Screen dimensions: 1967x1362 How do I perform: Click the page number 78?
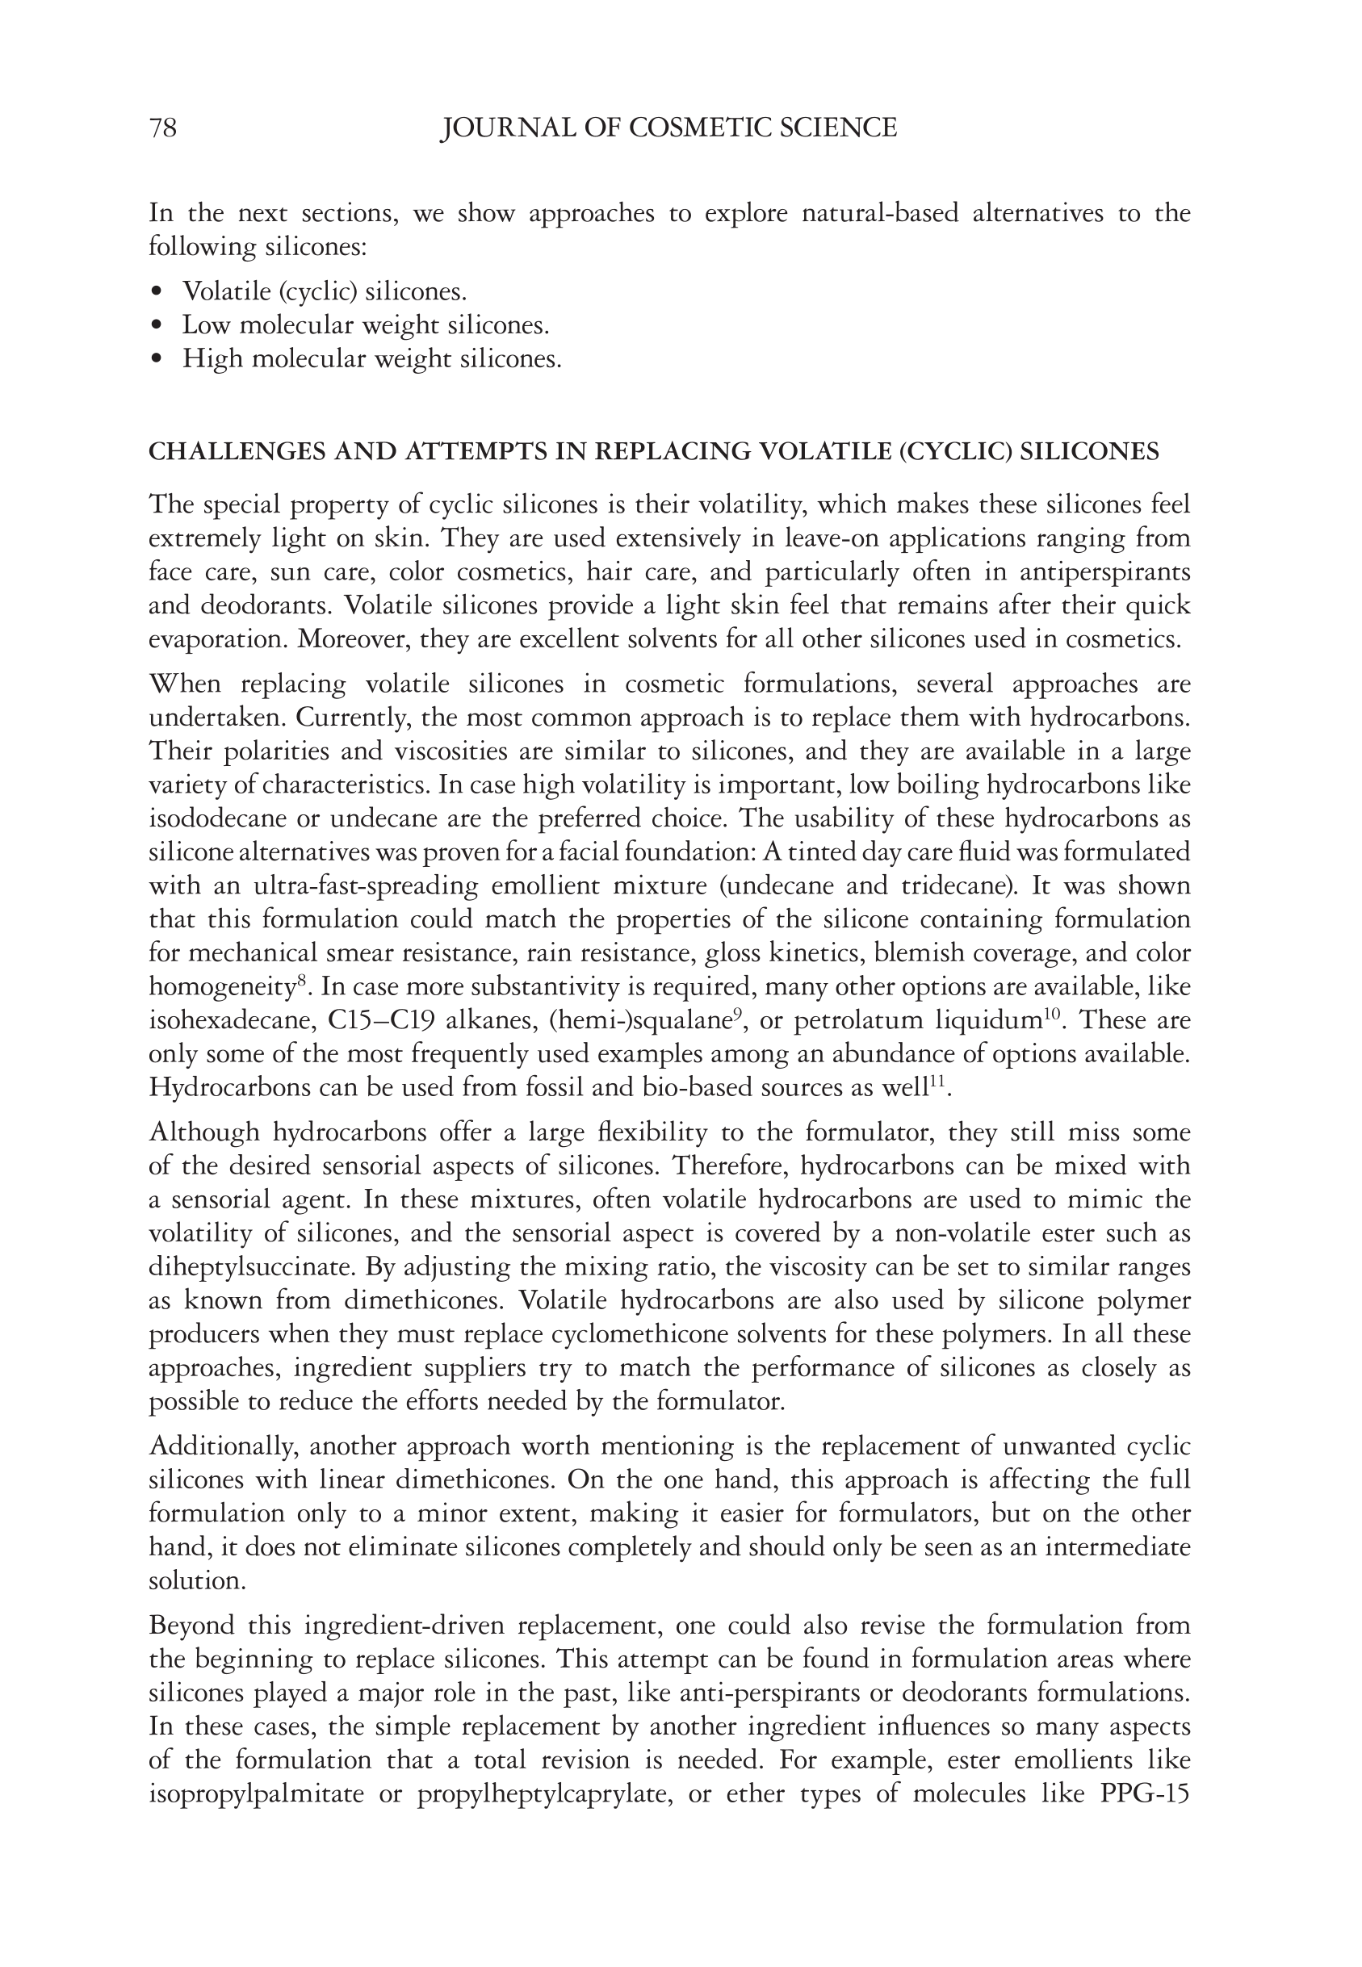pos(163,128)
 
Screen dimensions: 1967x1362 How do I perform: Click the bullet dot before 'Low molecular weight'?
pos(155,326)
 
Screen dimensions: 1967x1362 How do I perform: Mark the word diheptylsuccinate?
pos(253,1266)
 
